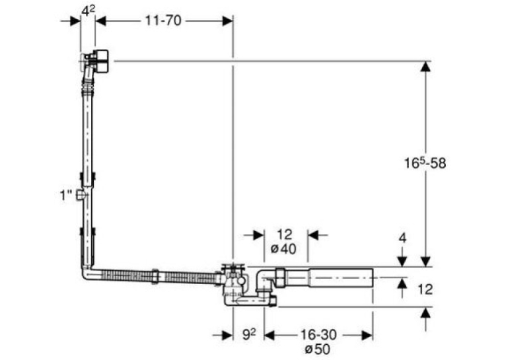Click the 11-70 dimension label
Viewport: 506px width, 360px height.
click(x=163, y=21)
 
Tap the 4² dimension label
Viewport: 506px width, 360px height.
click(x=88, y=11)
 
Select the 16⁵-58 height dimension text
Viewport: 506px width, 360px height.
click(x=425, y=162)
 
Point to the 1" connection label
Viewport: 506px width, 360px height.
click(x=66, y=195)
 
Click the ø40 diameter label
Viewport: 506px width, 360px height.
click(x=283, y=249)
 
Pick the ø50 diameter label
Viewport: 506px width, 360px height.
click(x=317, y=349)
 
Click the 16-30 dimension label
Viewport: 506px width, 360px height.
click(x=318, y=334)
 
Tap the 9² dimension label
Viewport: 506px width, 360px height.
click(x=249, y=334)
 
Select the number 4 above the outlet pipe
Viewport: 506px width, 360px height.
click(x=402, y=238)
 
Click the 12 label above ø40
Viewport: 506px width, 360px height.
click(x=284, y=234)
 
